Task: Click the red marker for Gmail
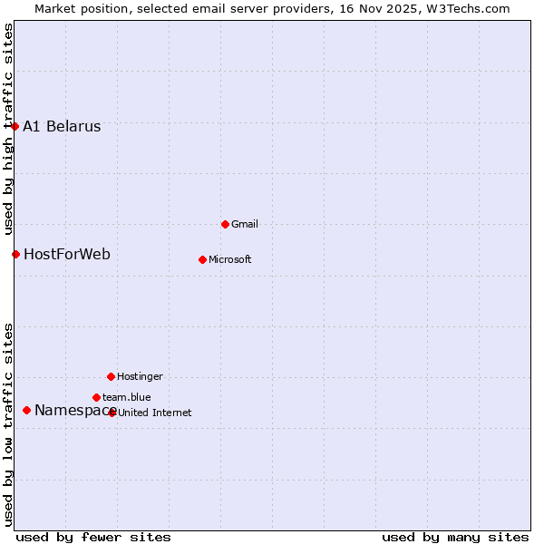226,224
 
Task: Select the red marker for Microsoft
202,259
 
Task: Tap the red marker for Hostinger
111,376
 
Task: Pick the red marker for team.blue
96,397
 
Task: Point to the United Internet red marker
112,413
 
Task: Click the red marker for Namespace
26,411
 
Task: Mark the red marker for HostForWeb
15,254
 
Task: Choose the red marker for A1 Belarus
15,126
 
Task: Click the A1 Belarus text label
62,127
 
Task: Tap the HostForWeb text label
67,255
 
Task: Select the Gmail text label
245,224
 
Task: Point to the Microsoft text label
230,260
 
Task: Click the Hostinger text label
140,376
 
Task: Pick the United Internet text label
155,413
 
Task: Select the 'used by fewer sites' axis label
93,537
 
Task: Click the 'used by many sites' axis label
455,537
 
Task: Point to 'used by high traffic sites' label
8,127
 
